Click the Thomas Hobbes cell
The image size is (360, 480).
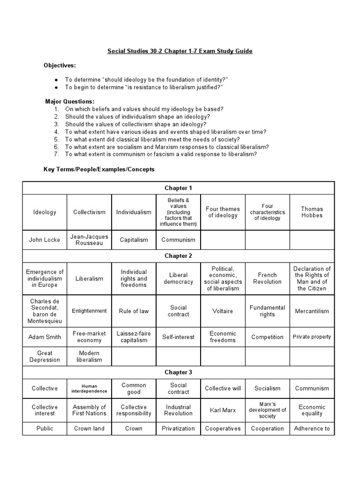click(x=312, y=212)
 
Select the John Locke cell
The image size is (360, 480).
click(x=45, y=240)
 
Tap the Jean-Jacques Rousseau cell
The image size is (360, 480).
click(x=89, y=240)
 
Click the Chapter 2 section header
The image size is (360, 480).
click(x=178, y=256)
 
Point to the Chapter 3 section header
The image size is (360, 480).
click(x=178, y=372)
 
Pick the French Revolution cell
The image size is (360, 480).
click(x=267, y=278)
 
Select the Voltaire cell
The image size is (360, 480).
click(x=223, y=311)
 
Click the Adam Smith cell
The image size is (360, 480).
click(x=45, y=337)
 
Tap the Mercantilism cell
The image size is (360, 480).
click(x=312, y=311)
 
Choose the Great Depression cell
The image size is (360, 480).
click(x=45, y=356)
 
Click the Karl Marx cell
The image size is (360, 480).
click(x=223, y=410)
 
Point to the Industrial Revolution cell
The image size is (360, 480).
click(x=178, y=410)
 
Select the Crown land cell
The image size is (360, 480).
click(x=89, y=428)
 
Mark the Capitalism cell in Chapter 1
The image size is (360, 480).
click(x=134, y=240)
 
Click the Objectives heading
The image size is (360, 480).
click(x=60, y=65)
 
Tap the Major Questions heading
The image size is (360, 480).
click(x=70, y=102)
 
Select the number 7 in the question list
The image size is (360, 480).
click(x=56, y=154)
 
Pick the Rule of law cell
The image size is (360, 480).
click(x=134, y=311)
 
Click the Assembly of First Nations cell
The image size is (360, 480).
click(x=89, y=410)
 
